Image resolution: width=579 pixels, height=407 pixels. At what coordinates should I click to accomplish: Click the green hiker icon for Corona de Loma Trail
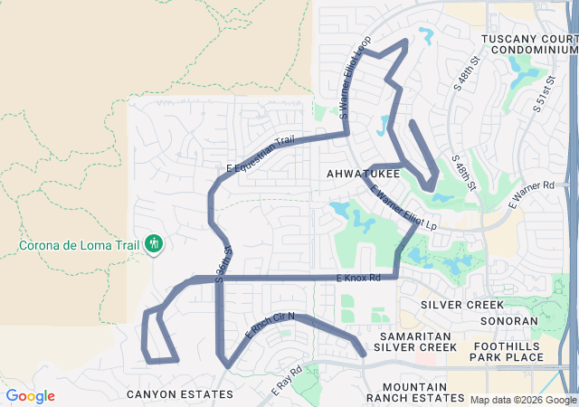click(154, 243)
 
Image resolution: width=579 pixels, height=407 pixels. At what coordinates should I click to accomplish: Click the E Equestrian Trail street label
click(261, 155)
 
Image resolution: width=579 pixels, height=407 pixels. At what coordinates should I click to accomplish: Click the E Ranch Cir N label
click(271, 325)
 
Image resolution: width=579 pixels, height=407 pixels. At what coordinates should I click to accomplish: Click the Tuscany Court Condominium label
click(528, 44)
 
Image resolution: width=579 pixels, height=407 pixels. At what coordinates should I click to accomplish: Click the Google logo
click(30, 396)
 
